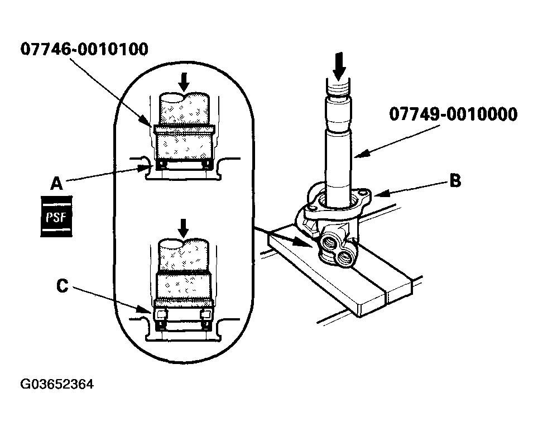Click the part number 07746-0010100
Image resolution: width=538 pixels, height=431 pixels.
(84, 50)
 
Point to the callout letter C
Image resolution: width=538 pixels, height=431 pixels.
(62, 286)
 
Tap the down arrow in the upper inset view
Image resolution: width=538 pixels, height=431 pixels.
(183, 82)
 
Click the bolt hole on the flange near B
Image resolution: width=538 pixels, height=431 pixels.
(365, 192)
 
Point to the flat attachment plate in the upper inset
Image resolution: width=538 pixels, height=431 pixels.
(183, 130)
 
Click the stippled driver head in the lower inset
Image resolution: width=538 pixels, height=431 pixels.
(183, 285)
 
